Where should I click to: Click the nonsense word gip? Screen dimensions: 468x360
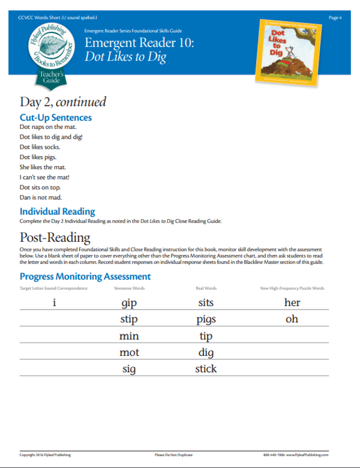(x=129, y=303)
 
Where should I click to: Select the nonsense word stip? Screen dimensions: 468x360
(x=129, y=319)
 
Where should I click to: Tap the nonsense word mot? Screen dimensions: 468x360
(x=129, y=352)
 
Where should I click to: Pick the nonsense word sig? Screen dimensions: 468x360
(x=129, y=369)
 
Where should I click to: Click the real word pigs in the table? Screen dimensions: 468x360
(x=206, y=320)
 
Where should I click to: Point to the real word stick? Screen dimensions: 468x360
(x=206, y=368)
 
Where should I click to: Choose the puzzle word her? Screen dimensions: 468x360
(x=292, y=302)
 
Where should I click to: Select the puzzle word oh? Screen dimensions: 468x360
(x=292, y=319)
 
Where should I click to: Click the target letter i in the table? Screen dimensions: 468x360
(x=54, y=302)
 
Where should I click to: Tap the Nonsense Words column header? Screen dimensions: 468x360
(x=129, y=289)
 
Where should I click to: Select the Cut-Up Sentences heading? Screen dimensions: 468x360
(x=56, y=118)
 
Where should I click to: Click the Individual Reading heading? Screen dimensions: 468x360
(x=57, y=211)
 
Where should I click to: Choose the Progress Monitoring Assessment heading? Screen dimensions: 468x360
(x=85, y=277)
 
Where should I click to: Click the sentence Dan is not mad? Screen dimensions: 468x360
(x=40, y=197)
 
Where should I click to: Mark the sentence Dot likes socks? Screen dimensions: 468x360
(x=40, y=147)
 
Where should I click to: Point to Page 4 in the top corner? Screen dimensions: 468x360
(x=335, y=17)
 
